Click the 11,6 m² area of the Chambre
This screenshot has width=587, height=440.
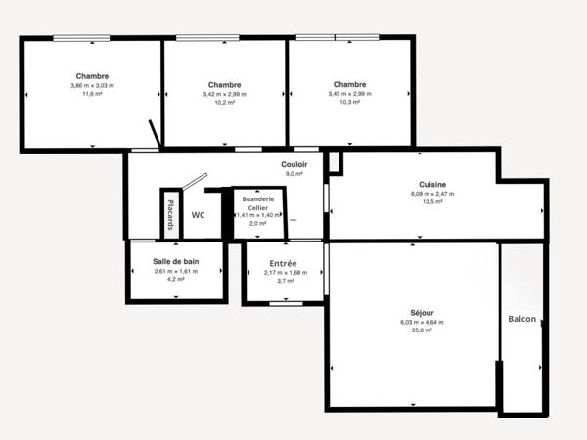91,94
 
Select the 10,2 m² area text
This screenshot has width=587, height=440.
224,102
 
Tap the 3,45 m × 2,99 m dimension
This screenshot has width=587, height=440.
348,94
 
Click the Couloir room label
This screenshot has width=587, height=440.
294,165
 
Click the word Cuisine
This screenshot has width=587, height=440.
432,185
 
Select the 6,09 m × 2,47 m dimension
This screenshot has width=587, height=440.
432,194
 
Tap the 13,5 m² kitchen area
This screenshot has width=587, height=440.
432,202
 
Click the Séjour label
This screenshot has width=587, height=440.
423,313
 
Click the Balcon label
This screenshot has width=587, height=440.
521,320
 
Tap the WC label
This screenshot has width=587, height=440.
198,214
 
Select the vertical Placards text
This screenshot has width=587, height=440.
171,215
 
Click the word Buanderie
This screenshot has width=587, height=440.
258,198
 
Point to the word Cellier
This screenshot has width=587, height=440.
258,207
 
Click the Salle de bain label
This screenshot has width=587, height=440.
176,261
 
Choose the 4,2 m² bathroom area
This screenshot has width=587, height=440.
176,279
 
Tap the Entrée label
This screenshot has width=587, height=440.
284,263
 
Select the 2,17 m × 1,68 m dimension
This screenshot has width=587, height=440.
284,272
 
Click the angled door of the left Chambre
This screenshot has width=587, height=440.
154,134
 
